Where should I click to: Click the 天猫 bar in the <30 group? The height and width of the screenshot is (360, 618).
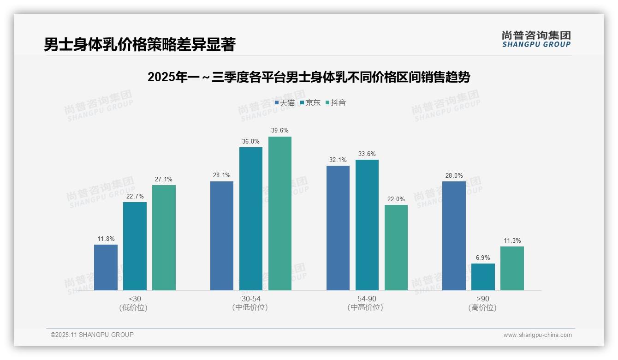click(106, 267)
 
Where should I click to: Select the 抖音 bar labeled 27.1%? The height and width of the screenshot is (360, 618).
click(164, 238)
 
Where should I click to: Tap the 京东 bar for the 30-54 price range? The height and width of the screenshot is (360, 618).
click(250, 219)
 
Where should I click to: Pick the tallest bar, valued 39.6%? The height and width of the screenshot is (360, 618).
click(280, 213)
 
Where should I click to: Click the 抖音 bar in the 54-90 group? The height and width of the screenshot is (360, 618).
click(396, 247)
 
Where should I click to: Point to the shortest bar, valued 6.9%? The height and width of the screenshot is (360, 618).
click(483, 277)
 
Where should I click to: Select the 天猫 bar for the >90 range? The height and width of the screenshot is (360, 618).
click(454, 236)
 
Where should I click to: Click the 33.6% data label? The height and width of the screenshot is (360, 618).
click(367, 154)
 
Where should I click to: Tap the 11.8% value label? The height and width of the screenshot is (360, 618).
click(106, 239)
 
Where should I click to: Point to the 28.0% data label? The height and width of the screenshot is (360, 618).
click(454, 176)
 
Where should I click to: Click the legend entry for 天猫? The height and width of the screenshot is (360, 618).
click(285, 102)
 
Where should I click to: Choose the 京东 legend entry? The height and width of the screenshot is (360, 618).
click(310, 102)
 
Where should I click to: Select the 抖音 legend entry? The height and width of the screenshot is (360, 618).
click(336, 102)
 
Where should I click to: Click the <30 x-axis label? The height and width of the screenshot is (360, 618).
click(135, 299)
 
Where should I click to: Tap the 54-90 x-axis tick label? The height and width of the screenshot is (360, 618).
click(367, 299)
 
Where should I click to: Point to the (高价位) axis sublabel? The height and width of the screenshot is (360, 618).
click(483, 308)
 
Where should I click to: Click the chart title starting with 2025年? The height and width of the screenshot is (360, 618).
click(309, 77)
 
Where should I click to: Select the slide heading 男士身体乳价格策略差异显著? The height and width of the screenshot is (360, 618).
click(140, 44)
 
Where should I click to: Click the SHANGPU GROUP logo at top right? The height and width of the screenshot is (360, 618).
click(536, 39)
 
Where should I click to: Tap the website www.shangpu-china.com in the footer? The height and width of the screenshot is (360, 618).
click(537, 335)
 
